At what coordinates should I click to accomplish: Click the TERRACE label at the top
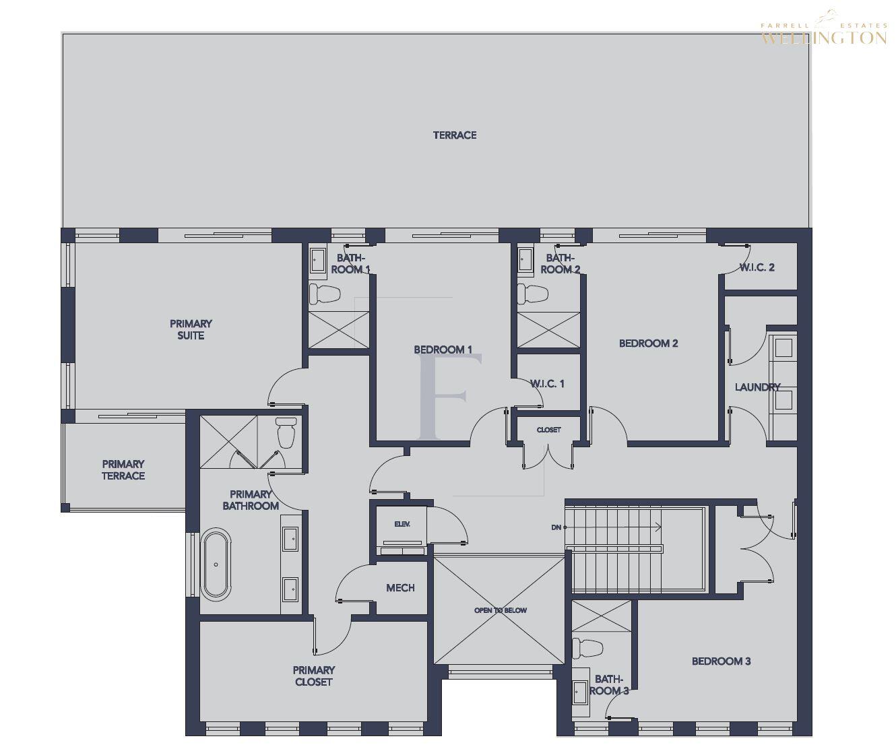(x=455, y=135)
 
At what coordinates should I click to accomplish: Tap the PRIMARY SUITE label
(x=191, y=329)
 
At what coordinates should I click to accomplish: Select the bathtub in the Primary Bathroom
(x=216, y=564)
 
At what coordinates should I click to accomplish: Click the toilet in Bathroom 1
(x=323, y=294)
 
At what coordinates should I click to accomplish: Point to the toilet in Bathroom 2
(x=532, y=294)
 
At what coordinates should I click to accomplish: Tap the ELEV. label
(x=402, y=524)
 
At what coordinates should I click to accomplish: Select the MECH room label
(x=400, y=588)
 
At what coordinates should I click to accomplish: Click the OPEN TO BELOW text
(x=501, y=610)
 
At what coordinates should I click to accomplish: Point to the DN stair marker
(x=556, y=527)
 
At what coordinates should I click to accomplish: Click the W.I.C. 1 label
(x=547, y=384)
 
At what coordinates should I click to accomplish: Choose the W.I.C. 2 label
(x=757, y=267)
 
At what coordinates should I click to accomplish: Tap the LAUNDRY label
(x=757, y=387)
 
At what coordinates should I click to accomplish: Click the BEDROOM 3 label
(x=721, y=661)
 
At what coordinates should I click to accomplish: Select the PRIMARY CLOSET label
(x=314, y=676)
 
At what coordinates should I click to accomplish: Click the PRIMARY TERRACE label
(x=123, y=469)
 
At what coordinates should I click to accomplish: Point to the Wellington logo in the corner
(x=824, y=34)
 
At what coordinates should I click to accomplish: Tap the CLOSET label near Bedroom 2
(x=548, y=430)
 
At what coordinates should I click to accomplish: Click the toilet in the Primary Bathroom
(x=286, y=432)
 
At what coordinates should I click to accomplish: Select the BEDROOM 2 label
(x=648, y=344)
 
